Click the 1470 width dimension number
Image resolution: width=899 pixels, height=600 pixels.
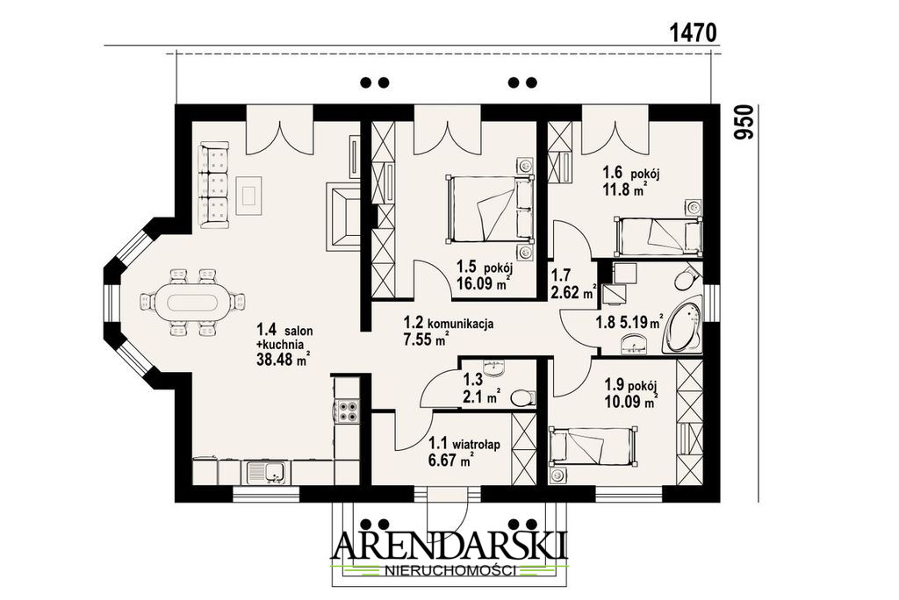click(694, 33)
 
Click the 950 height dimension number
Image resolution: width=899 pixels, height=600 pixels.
click(744, 122)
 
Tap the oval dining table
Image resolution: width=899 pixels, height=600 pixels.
click(193, 301)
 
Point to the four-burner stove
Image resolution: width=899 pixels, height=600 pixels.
click(346, 411)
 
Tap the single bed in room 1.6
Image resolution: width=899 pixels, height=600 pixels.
click(658, 235)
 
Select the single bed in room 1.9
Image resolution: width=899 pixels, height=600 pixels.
click(593, 446)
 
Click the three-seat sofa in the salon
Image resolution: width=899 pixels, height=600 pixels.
click(214, 187)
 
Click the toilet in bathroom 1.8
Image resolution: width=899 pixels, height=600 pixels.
click(686, 279)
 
